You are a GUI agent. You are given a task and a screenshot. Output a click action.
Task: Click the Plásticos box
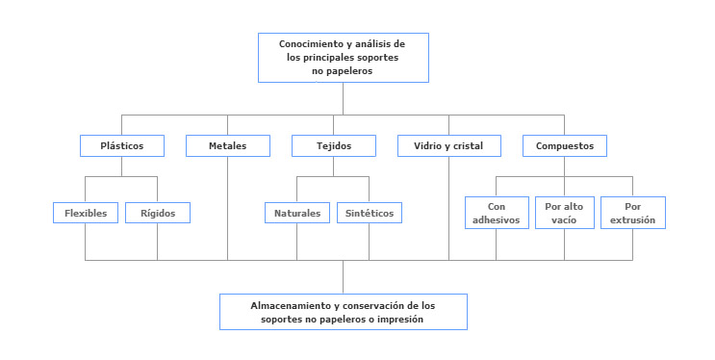coord(122,146)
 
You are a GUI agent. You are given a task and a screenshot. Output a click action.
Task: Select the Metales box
coord(228,146)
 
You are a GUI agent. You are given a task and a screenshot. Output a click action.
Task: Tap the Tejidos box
coord(334,146)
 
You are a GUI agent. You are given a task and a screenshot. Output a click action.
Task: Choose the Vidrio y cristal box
coord(449,146)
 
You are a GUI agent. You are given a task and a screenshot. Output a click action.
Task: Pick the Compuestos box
coord(565,146)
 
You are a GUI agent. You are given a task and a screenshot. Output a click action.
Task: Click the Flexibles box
coord(86,213)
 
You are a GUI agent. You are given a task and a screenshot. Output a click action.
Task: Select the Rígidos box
coord(158,213)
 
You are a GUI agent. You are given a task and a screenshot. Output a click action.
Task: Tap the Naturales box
coord(297,213)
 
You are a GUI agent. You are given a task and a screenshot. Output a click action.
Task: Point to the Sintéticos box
coord(369,213)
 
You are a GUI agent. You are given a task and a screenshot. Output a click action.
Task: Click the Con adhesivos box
coord(497,213)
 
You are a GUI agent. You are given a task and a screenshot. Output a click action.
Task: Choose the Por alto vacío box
coord(564,213)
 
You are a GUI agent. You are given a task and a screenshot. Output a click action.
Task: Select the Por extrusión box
coord(632,213)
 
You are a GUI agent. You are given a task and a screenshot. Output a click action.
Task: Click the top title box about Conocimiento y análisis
coord(343,58)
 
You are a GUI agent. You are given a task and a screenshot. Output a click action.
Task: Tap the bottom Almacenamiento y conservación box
coord(343,311)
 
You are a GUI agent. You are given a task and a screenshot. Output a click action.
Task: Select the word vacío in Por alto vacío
coord(564,220)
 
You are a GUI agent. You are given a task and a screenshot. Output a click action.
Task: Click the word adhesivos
coord(497,220)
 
